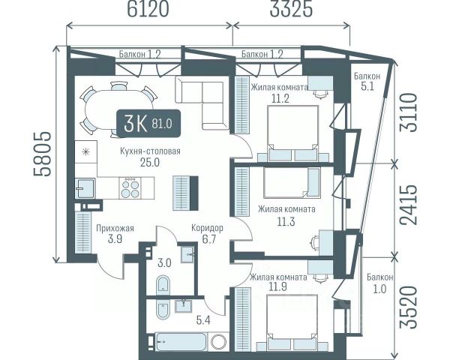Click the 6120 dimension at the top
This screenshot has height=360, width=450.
148,10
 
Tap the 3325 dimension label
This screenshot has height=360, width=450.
291,10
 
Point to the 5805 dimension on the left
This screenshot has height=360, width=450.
42,154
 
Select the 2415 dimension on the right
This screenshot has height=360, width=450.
407,204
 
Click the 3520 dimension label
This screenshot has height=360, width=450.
407,307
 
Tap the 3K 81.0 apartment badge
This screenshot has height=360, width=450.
148,124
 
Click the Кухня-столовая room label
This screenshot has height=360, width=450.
150,151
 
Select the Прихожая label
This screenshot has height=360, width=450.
115,228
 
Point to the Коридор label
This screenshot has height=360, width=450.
207,228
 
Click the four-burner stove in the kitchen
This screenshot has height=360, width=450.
130,187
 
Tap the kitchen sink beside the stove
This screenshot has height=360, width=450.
85,188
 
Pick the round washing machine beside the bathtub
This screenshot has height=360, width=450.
219,342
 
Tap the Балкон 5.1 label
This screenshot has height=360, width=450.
367,81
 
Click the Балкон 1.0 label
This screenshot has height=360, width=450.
379,283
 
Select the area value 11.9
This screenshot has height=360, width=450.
277,287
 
